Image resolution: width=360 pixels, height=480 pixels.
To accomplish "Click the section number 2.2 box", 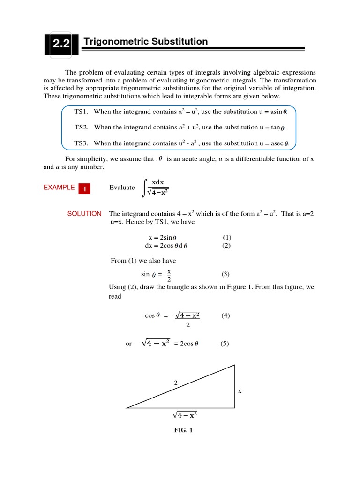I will [61, 45].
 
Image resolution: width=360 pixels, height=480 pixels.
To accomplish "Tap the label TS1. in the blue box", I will [82, 112].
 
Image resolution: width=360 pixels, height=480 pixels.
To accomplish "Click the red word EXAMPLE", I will [59, 187].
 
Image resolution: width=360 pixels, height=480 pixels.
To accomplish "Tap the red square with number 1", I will [84, 189].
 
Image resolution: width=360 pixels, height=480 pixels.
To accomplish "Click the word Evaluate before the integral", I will [122, 187].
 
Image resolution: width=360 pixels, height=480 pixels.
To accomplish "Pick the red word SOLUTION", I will [84, 214].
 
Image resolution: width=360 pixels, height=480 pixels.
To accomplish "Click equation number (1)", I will [227, 238].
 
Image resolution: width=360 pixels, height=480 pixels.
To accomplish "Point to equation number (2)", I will [227, 246].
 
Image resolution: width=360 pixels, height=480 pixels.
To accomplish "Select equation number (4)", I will [225, 316].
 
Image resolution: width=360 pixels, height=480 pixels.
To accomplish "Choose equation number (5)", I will [225, 344].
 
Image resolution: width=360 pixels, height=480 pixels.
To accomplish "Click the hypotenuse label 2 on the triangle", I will [176, 383].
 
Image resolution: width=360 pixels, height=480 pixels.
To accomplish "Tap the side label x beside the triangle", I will [240, 390].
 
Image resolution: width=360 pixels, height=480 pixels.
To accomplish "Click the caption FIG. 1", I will [183, 430].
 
